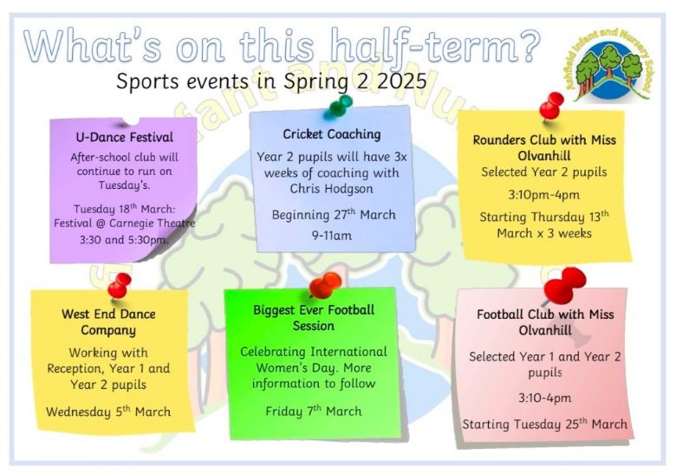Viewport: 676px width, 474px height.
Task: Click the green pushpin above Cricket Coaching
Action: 338,106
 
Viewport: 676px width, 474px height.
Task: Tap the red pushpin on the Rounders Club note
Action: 551,106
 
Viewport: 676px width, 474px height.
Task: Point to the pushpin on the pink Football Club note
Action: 565,284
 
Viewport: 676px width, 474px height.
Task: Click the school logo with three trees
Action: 609,66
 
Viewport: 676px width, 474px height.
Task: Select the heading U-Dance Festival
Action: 125,138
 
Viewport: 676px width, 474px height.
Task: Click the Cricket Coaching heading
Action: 332,134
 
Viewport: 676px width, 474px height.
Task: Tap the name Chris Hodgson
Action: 332,189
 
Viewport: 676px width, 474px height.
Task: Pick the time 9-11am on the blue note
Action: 332,236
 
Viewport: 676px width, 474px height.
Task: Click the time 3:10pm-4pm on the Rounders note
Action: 543,195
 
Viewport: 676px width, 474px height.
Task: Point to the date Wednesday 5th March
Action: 108,412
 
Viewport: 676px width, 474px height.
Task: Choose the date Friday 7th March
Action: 314,411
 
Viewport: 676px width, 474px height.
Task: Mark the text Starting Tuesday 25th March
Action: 544,424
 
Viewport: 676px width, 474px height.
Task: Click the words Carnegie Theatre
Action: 153,224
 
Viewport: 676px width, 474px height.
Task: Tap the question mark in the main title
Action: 527,44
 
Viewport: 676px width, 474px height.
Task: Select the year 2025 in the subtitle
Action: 402,81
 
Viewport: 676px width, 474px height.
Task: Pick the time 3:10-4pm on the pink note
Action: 545,398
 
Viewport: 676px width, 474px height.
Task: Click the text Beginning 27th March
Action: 334,215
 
